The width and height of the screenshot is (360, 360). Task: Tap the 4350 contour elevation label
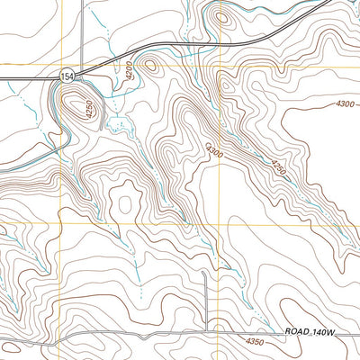(254, 341)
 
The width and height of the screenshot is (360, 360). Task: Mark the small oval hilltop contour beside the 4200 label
(150, 65)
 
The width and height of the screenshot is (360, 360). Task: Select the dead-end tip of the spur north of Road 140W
(205, 274)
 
